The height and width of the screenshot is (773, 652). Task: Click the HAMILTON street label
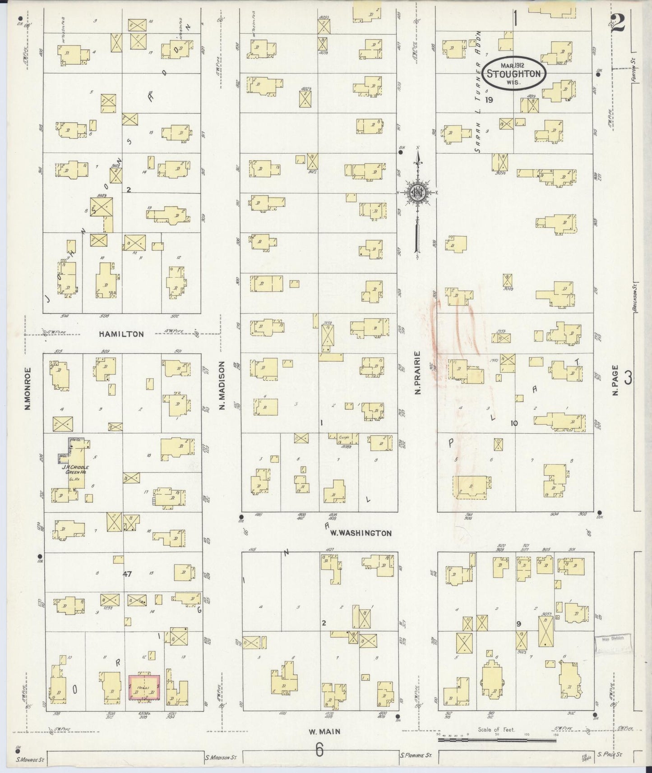pyautogui.click(x=122, y=334)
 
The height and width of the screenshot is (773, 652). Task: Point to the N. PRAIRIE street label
pyautogui.click(x=418, y=373)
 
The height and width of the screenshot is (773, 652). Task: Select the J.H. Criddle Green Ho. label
pyautogui.click(x=75, y=469)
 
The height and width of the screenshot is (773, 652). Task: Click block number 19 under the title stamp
pyautogui.click(x=488, y=100)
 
